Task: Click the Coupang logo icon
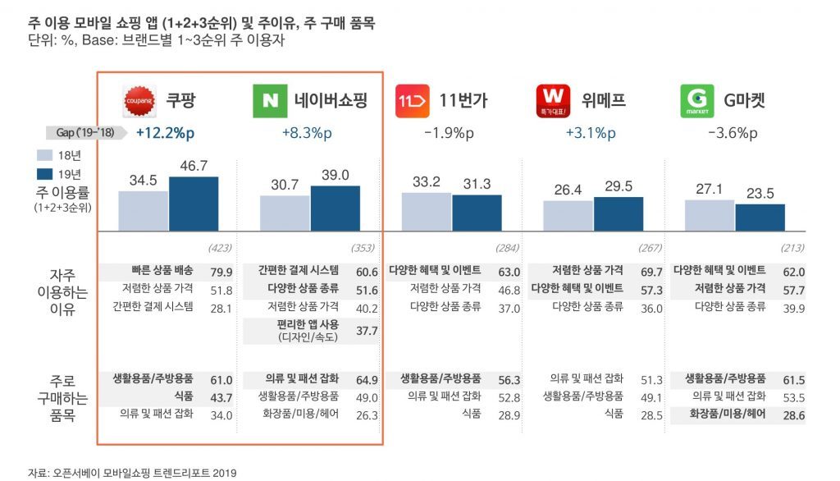(x=139, y=101)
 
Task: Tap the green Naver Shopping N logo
(x=269, y=101)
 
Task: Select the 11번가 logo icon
(x=411, y=101)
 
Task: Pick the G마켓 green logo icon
(x=696, y=101)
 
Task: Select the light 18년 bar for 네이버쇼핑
(x=285, y=213)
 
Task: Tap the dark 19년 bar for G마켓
(x=760, y=217)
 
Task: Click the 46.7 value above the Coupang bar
(x=194, y=166)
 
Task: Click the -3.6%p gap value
(x=732, y=133)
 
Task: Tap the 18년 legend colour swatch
(x=45, y=155)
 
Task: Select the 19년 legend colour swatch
(x=45, y=173)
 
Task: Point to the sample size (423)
(x=222, y=247)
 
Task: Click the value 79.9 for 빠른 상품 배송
(x=223, y=272)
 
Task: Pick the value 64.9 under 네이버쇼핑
(x=367, y=380)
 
